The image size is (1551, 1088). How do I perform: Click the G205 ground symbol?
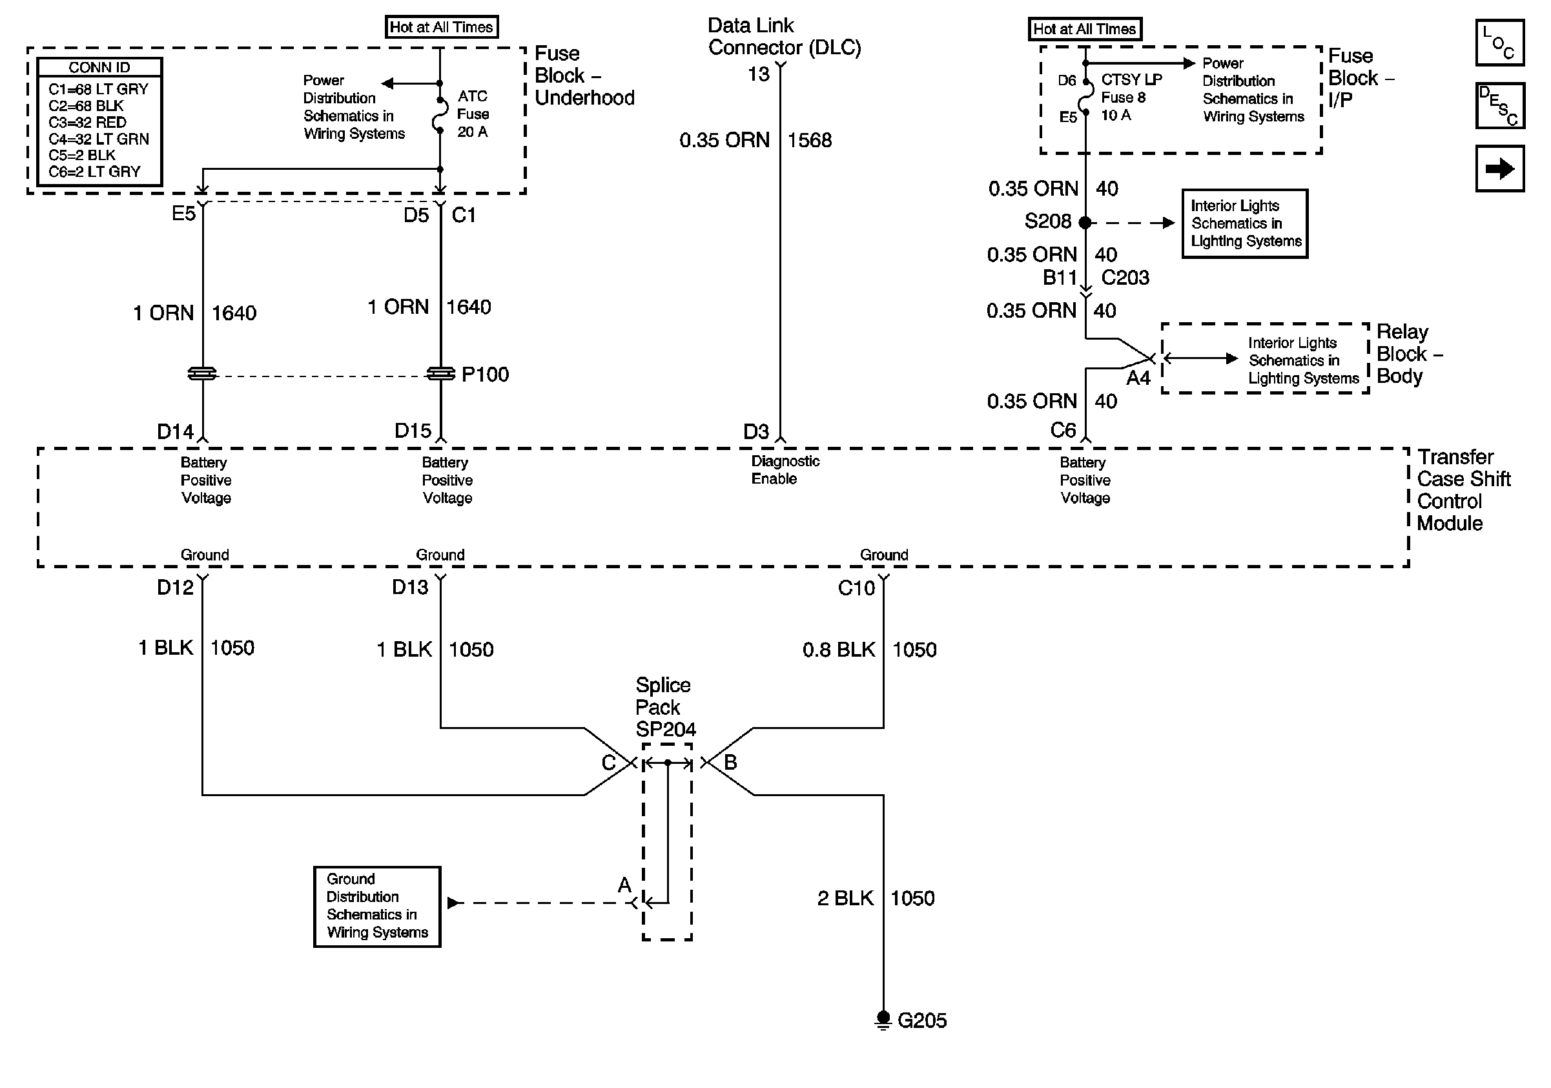883,1019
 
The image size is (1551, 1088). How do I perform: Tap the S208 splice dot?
1085,222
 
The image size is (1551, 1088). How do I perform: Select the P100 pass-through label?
485,374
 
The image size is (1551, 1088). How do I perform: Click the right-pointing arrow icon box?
1499,168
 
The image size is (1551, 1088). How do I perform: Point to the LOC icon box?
1499,43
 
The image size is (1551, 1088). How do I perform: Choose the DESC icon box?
1499,105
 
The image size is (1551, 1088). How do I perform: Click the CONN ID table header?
99,68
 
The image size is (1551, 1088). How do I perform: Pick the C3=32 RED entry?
87,122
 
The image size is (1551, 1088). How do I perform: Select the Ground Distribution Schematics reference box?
377,907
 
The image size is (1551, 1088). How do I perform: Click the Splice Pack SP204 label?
665,707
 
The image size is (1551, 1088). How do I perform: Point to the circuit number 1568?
809,141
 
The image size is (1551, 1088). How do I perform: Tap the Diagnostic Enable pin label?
785,470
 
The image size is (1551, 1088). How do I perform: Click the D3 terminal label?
756,431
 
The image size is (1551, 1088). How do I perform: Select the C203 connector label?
1125,278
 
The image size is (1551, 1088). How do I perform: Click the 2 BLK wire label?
845,898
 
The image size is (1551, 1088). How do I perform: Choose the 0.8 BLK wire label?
838,650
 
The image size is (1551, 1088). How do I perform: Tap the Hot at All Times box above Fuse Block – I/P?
1085,29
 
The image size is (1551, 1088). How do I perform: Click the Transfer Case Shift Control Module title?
1463,489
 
